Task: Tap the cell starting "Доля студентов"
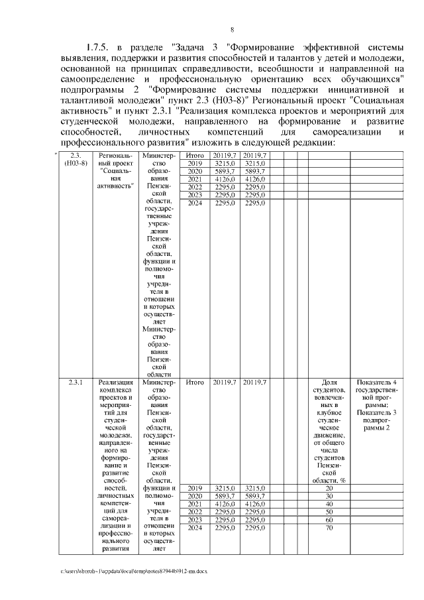[329, 431]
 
